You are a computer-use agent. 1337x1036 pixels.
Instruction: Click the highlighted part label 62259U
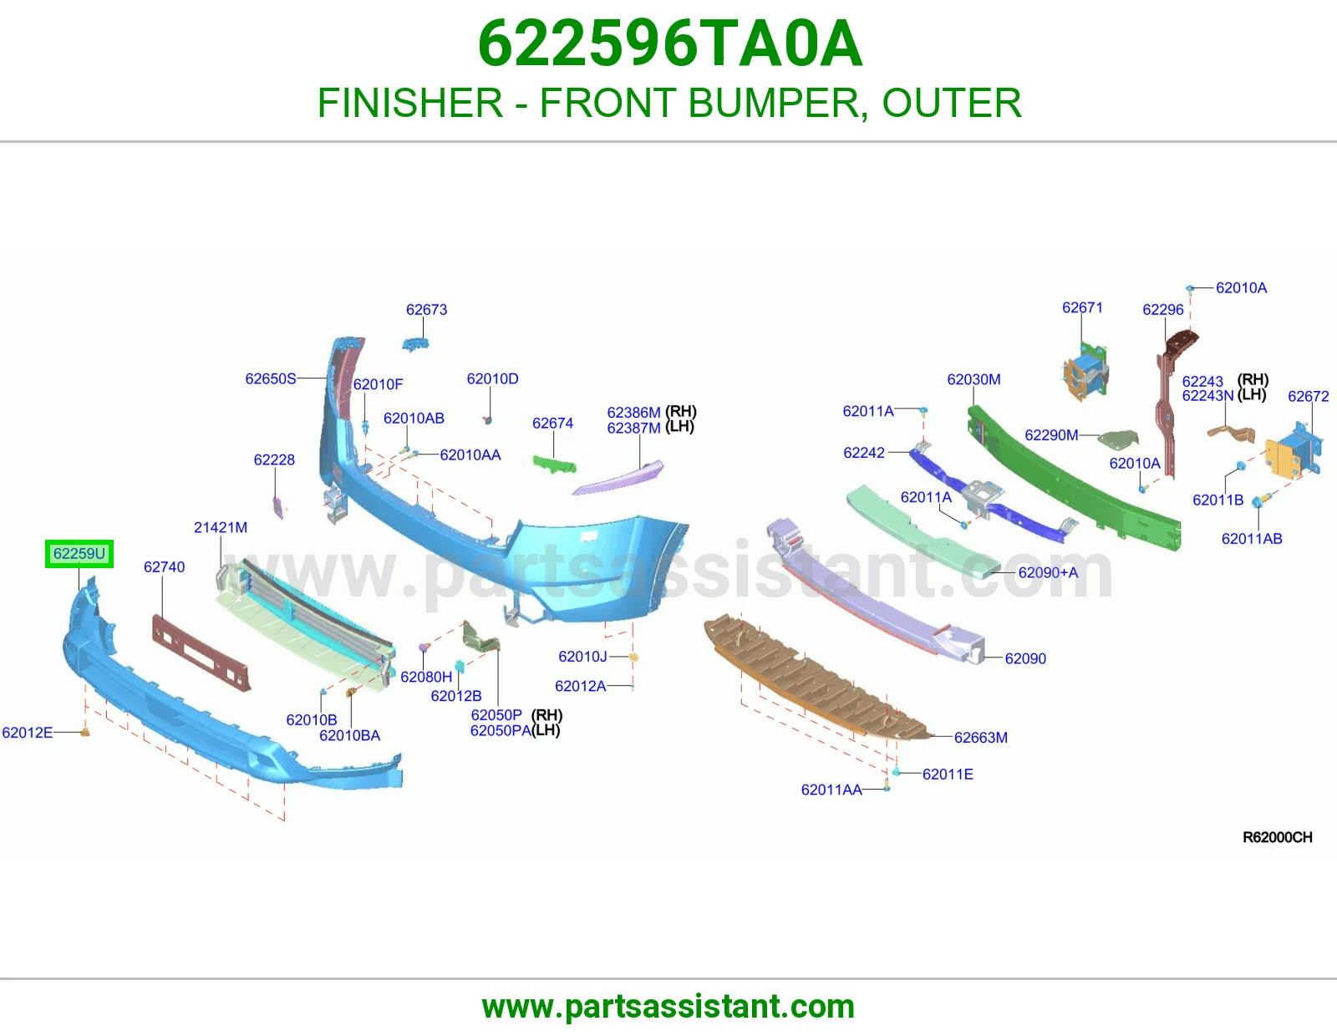point(79,554)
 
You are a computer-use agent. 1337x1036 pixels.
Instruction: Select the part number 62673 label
point(426,309)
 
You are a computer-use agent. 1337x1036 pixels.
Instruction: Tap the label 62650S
point(271,378)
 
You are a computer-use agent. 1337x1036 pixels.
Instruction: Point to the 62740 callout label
point(165,566)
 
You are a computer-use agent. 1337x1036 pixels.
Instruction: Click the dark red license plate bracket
point(201,653)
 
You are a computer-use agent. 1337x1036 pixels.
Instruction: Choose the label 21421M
point(221,527)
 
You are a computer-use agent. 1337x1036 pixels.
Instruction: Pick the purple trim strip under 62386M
point(618,478)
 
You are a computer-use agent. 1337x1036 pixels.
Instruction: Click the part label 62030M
point(974,379)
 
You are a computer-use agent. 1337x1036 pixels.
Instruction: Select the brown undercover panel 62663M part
point(816,677)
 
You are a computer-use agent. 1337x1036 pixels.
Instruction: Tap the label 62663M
point(981,737)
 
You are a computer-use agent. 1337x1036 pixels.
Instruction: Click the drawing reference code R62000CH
point(1278,837)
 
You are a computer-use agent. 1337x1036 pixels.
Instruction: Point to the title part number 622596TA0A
point(670,43)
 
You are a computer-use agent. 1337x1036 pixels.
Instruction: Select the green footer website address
point(668,1007)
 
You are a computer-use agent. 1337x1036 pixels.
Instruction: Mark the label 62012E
point(27,732)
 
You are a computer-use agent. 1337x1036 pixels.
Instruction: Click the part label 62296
point(1163,309)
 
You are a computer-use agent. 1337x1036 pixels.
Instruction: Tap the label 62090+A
point(1048,572)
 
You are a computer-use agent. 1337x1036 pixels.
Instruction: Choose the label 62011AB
point(1252,539)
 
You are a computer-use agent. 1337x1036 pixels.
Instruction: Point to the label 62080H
point(426,677)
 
